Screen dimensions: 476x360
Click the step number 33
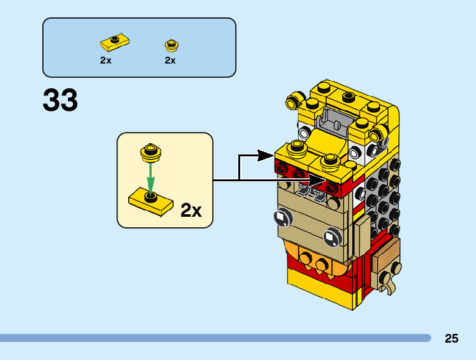[x=60, y=100]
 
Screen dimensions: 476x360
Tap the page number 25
[x=451, y=338]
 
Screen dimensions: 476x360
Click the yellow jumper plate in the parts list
[x=114, y=42]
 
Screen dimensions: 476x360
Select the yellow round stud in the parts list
[x=172, y=45]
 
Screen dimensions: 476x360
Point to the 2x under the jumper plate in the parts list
[x=106, y=60]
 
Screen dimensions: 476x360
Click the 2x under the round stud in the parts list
[x=170, y=60]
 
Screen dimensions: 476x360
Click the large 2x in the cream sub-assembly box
[x=191, y=210]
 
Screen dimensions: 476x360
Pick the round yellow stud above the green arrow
[x=151, y=153]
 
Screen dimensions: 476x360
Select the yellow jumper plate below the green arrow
[x=151, y=202]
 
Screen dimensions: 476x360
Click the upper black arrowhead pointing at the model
[x=265, y=156]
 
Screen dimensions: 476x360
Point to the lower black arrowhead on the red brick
[x=317, y=180]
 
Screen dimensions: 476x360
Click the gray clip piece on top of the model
[x=335, y=121]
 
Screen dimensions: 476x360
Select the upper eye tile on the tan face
[x=283, y=217]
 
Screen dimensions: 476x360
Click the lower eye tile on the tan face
[x=333, y=237]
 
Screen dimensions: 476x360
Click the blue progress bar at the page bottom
[x=215, y=338]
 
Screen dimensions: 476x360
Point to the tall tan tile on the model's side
[x=362, y=236]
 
